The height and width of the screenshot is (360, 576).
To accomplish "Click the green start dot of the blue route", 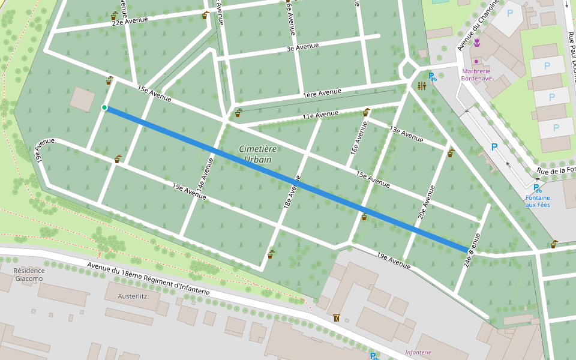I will (104, 107).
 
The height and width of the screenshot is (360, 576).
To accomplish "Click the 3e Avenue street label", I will (302, 46).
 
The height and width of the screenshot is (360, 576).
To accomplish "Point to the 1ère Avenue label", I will (322, 92).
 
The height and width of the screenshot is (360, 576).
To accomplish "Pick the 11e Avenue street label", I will (320, 115).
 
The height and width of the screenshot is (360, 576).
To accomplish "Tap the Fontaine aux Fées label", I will (538, 201).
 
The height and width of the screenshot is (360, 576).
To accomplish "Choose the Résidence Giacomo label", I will (29, 274).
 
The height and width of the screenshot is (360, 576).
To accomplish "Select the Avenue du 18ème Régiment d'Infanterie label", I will (148, 279).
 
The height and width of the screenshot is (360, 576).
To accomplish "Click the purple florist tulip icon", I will (477, 43).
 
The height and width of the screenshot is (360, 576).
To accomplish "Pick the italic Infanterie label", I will (418, 352).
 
